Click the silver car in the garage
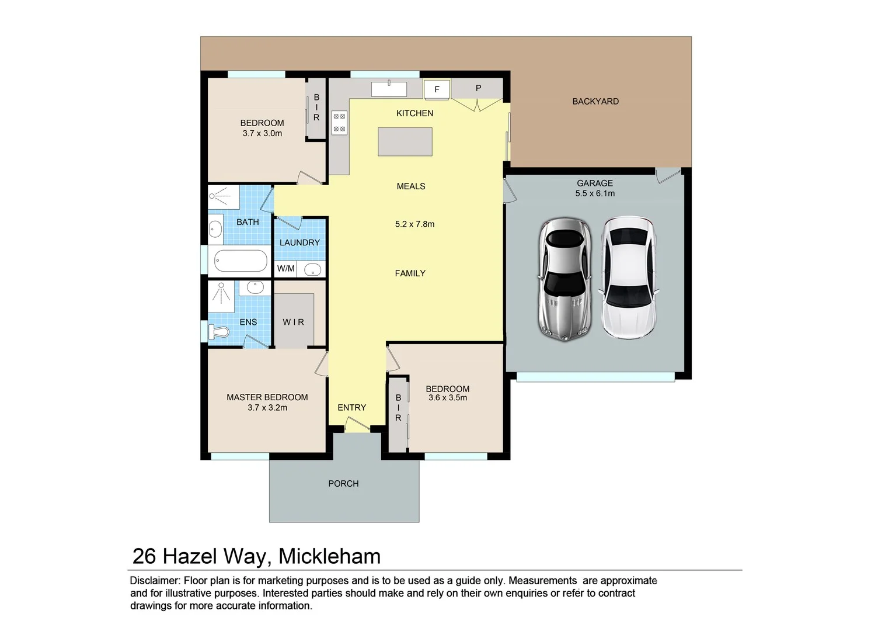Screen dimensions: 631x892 click(x=564, y=279)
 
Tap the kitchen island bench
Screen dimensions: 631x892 click(x=405, y=141)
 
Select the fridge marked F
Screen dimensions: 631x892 click(x=437, y=89)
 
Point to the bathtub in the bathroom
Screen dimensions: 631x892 click(x=241, y=261)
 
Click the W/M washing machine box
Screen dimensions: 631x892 click(x=285, y=269)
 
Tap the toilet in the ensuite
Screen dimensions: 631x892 click(x=220, y=332)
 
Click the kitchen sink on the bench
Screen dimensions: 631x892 click(x=389, y=89)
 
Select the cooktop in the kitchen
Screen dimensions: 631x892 click(x=339, y=123)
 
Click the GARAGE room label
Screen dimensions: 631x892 click(x=595, y=183)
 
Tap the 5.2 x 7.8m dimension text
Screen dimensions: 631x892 click(x=414, y=224)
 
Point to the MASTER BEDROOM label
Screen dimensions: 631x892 click(x=267, y=397)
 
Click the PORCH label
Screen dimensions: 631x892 click(x=343, y=484)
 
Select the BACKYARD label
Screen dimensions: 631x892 click(x=595, y=101)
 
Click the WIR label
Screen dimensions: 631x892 click(x=293, y=322)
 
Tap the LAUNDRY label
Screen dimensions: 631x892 click(x=299, y=242)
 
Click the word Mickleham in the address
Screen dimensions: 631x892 click(x=329, y=556)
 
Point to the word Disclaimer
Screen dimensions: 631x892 click(x=155, y=581)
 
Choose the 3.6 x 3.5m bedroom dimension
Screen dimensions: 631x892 click(x=448, y=398)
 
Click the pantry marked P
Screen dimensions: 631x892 click(x=478, y=88)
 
